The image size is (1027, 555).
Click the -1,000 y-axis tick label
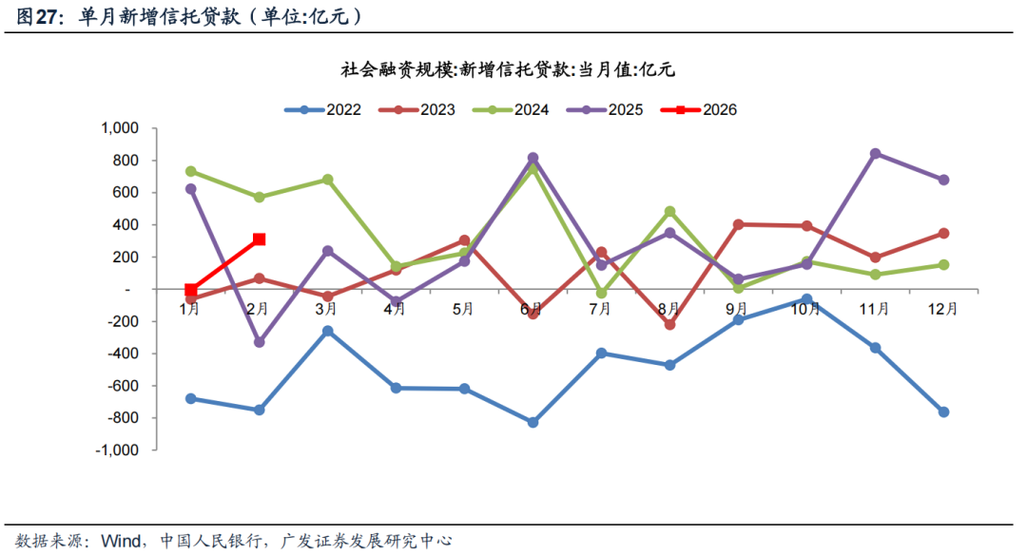tap(117, 450)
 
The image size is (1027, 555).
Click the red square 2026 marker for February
tap(259, 239)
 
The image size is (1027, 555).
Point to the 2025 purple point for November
tap(875, 153)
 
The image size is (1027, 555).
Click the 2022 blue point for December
tap(943, 411)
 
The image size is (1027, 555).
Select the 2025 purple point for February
tap(259, 341)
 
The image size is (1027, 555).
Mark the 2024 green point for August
tap(669, 211)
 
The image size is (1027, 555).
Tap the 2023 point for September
tap(738, 224)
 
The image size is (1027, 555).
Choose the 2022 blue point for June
tap(533, 422)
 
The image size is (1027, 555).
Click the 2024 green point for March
tap(327, 179)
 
